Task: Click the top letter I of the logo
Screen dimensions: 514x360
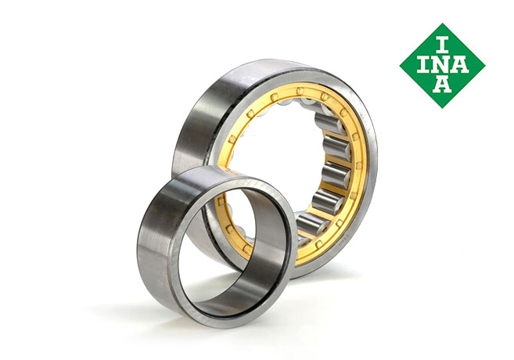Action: [443, 45]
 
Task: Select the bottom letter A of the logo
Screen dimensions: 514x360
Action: [442, 85]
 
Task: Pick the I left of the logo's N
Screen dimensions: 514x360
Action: [423, 65]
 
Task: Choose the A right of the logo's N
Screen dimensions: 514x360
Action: [460, 65]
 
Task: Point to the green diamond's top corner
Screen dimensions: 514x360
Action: [443, 23]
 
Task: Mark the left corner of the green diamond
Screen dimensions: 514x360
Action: [400, 66]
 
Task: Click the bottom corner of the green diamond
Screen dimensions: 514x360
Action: [443, 108]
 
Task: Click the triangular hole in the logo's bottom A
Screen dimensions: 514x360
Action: [442, 84]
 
